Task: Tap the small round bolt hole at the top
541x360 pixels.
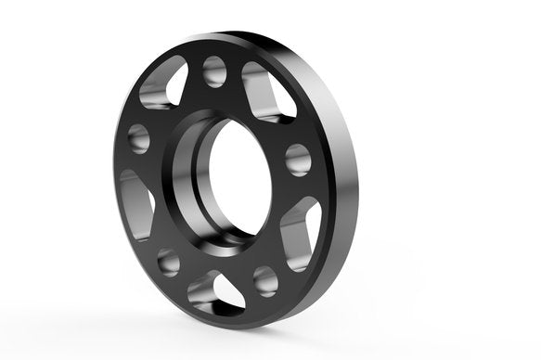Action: [x=214, y=71]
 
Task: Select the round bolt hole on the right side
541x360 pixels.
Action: [x=298, y=159]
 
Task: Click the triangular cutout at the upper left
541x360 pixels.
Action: [x=163, y=85]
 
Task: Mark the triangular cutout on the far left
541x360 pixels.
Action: [x=136, y=203]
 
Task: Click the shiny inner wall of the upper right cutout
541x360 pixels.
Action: [x=278, y=104]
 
